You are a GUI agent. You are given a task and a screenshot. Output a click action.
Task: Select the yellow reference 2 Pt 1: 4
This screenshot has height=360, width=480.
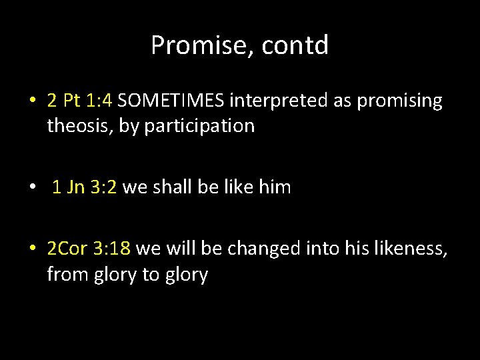pyautogui.click(x=81, y=101)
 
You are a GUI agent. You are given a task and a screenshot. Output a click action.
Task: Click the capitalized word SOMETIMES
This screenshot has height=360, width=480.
pyautogui.click(x=172, y=101)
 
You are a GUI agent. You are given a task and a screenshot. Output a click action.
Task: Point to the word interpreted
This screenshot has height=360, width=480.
pyautogui.click(x=276, y=101)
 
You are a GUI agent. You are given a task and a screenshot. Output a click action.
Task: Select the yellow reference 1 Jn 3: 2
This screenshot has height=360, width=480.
pyautogui.click(x=85, y=187)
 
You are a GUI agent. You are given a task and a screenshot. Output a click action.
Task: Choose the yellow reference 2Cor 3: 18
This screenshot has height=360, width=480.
pyautogui.click(x=89, y=249)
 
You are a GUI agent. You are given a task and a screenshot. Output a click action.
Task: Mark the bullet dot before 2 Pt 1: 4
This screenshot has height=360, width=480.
pyautogui.click(x=33, y=101)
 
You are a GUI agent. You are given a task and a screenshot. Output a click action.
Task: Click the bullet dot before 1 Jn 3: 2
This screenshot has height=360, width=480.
pyautogui.click(x=33, y=188)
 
